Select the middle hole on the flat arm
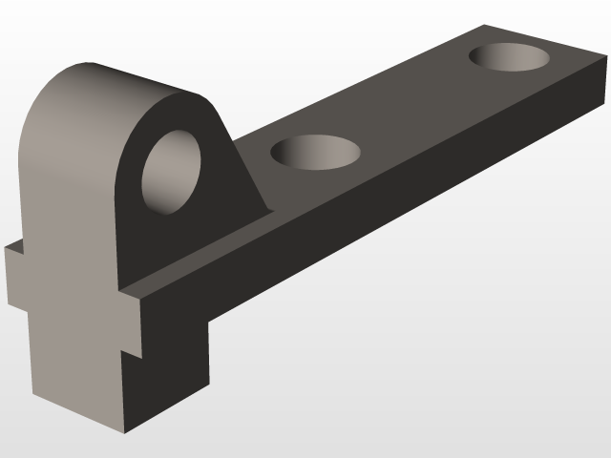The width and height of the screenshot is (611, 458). click(x=316, y=152)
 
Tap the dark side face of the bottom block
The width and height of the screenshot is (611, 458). click(x=167, y=372)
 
